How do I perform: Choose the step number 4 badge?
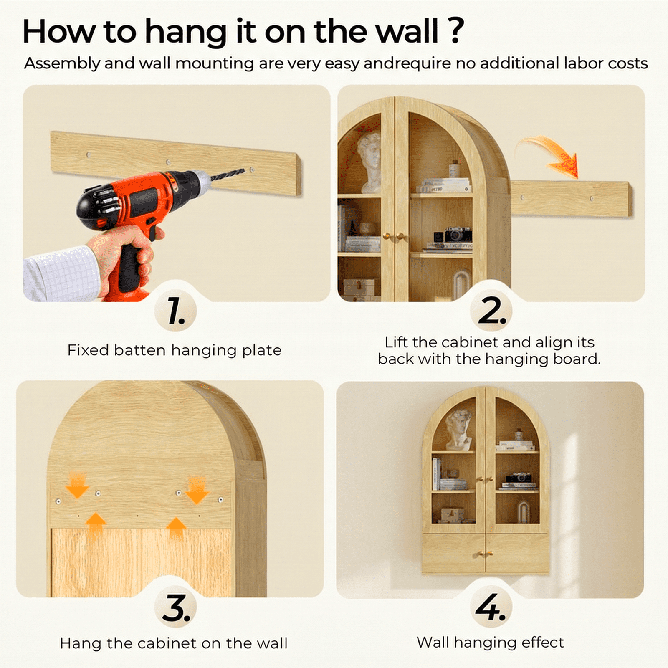tap(491, 608)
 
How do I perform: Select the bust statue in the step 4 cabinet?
tap(459, 429)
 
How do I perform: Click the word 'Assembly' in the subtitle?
tap(62, 63)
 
